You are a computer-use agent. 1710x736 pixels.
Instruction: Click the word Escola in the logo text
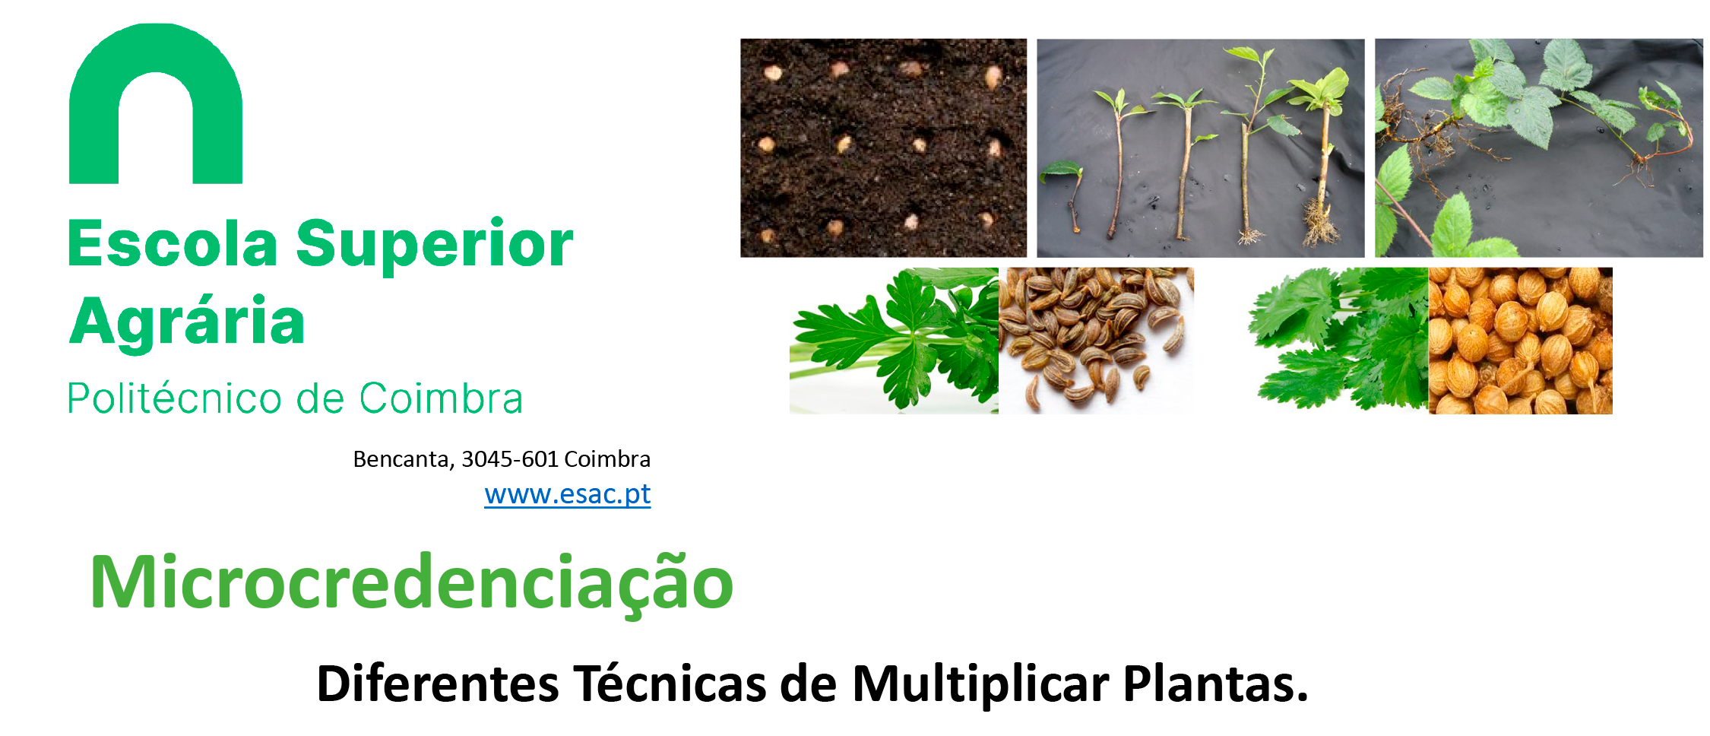pyautogui.click(x=173, y=244)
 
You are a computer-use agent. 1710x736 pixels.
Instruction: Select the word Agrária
pyautogui.click(x=187, y=322)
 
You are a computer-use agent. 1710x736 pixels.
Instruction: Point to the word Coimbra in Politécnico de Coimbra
pyautogui.click(x=441, y=398)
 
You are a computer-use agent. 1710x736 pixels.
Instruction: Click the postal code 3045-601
pyautogui.click(x=510, y=459)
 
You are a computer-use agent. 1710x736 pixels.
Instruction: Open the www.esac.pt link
pyautogui.click(x=568, y=494)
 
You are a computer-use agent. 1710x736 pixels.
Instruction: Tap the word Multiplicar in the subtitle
pyautogui.click(x=980, y=684)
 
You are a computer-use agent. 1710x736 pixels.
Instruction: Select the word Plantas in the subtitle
pyautogui.click(x=1215, y=684)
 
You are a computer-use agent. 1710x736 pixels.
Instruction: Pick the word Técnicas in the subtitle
pyautogui.click(x=670, y=683)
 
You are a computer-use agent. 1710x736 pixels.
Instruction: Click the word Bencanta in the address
pyautogui.click(x=404, y=459)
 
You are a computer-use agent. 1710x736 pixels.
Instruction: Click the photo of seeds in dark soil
pyautogui.click(x=883, y=148)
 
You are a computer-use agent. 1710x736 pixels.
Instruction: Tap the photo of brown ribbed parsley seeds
pyautogui.click(x=1096, y=341)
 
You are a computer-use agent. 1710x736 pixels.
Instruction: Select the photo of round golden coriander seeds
pyautogui.click(x=1520, y=341)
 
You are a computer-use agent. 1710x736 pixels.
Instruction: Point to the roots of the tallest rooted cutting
pyautogui.click(x=1321, y=224)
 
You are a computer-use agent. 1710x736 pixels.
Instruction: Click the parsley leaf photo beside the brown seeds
pyautogui.click(x=894, y=341)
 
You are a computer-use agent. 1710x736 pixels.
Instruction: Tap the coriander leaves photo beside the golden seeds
pyautogui.click(x=1339, y=341)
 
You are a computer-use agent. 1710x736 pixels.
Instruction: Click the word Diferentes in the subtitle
pyautogui.click(x=439, y=684)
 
